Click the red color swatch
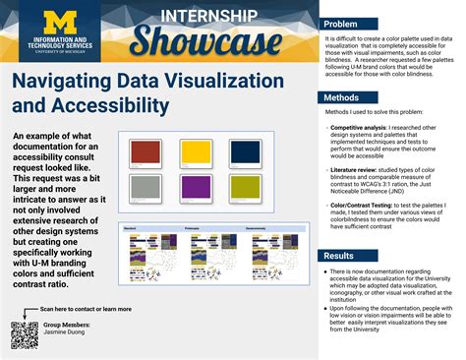(x=146, y=151)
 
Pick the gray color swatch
(x=146, y=187)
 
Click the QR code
(x=23, y=334)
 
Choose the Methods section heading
(x=342, y=98)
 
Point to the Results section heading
(x=340, y=256)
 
